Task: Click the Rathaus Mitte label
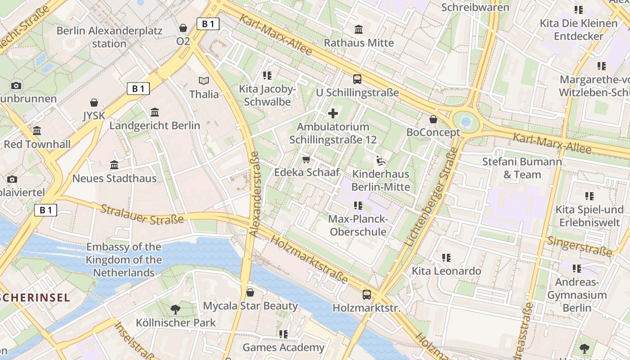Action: coord(359,43)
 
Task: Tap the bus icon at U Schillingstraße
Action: coord(357,79)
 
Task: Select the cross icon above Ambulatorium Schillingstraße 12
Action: coord(333,113)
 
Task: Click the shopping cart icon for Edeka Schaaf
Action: coord(307,159)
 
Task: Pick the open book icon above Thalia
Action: coord(204,81)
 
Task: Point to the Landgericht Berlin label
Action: coord(155,126)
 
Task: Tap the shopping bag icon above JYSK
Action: coord(94,103)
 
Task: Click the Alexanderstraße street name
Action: coord(254,194)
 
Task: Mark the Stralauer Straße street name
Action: coord(142,214)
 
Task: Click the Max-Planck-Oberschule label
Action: coord(358,225)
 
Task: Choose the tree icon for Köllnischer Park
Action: coord(175,310)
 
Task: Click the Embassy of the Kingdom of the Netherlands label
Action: coord(124,260)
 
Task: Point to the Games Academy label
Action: coord(283,347)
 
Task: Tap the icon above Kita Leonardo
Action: coord(446,258)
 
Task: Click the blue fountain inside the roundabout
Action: coord(466,121)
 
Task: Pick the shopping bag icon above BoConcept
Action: coord(433,119)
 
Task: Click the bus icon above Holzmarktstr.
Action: coord(367,295)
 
